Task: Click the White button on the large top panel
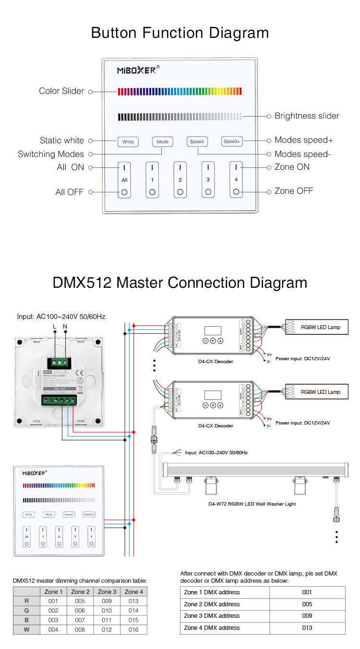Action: coord(128,142)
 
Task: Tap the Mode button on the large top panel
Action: coord(163,142)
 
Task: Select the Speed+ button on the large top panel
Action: coord(232,142)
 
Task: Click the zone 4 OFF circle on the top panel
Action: coord(236,192)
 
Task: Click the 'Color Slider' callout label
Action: coord(61,91)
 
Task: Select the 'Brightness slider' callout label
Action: coord(307,116)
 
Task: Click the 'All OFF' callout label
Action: coord(69,192)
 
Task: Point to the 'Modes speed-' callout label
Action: coord(302,154)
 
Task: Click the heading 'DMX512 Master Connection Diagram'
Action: coord(180,283)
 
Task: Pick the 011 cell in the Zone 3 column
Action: coord(107,620)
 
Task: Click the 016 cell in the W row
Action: coord(133,630)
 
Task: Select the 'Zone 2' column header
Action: coord(80,591)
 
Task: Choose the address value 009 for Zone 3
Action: coord(307,616)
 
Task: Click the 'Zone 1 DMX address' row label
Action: coord(212,592)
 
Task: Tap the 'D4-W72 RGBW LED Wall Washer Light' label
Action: coord(252,504)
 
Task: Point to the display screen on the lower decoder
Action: coord(213,396)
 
